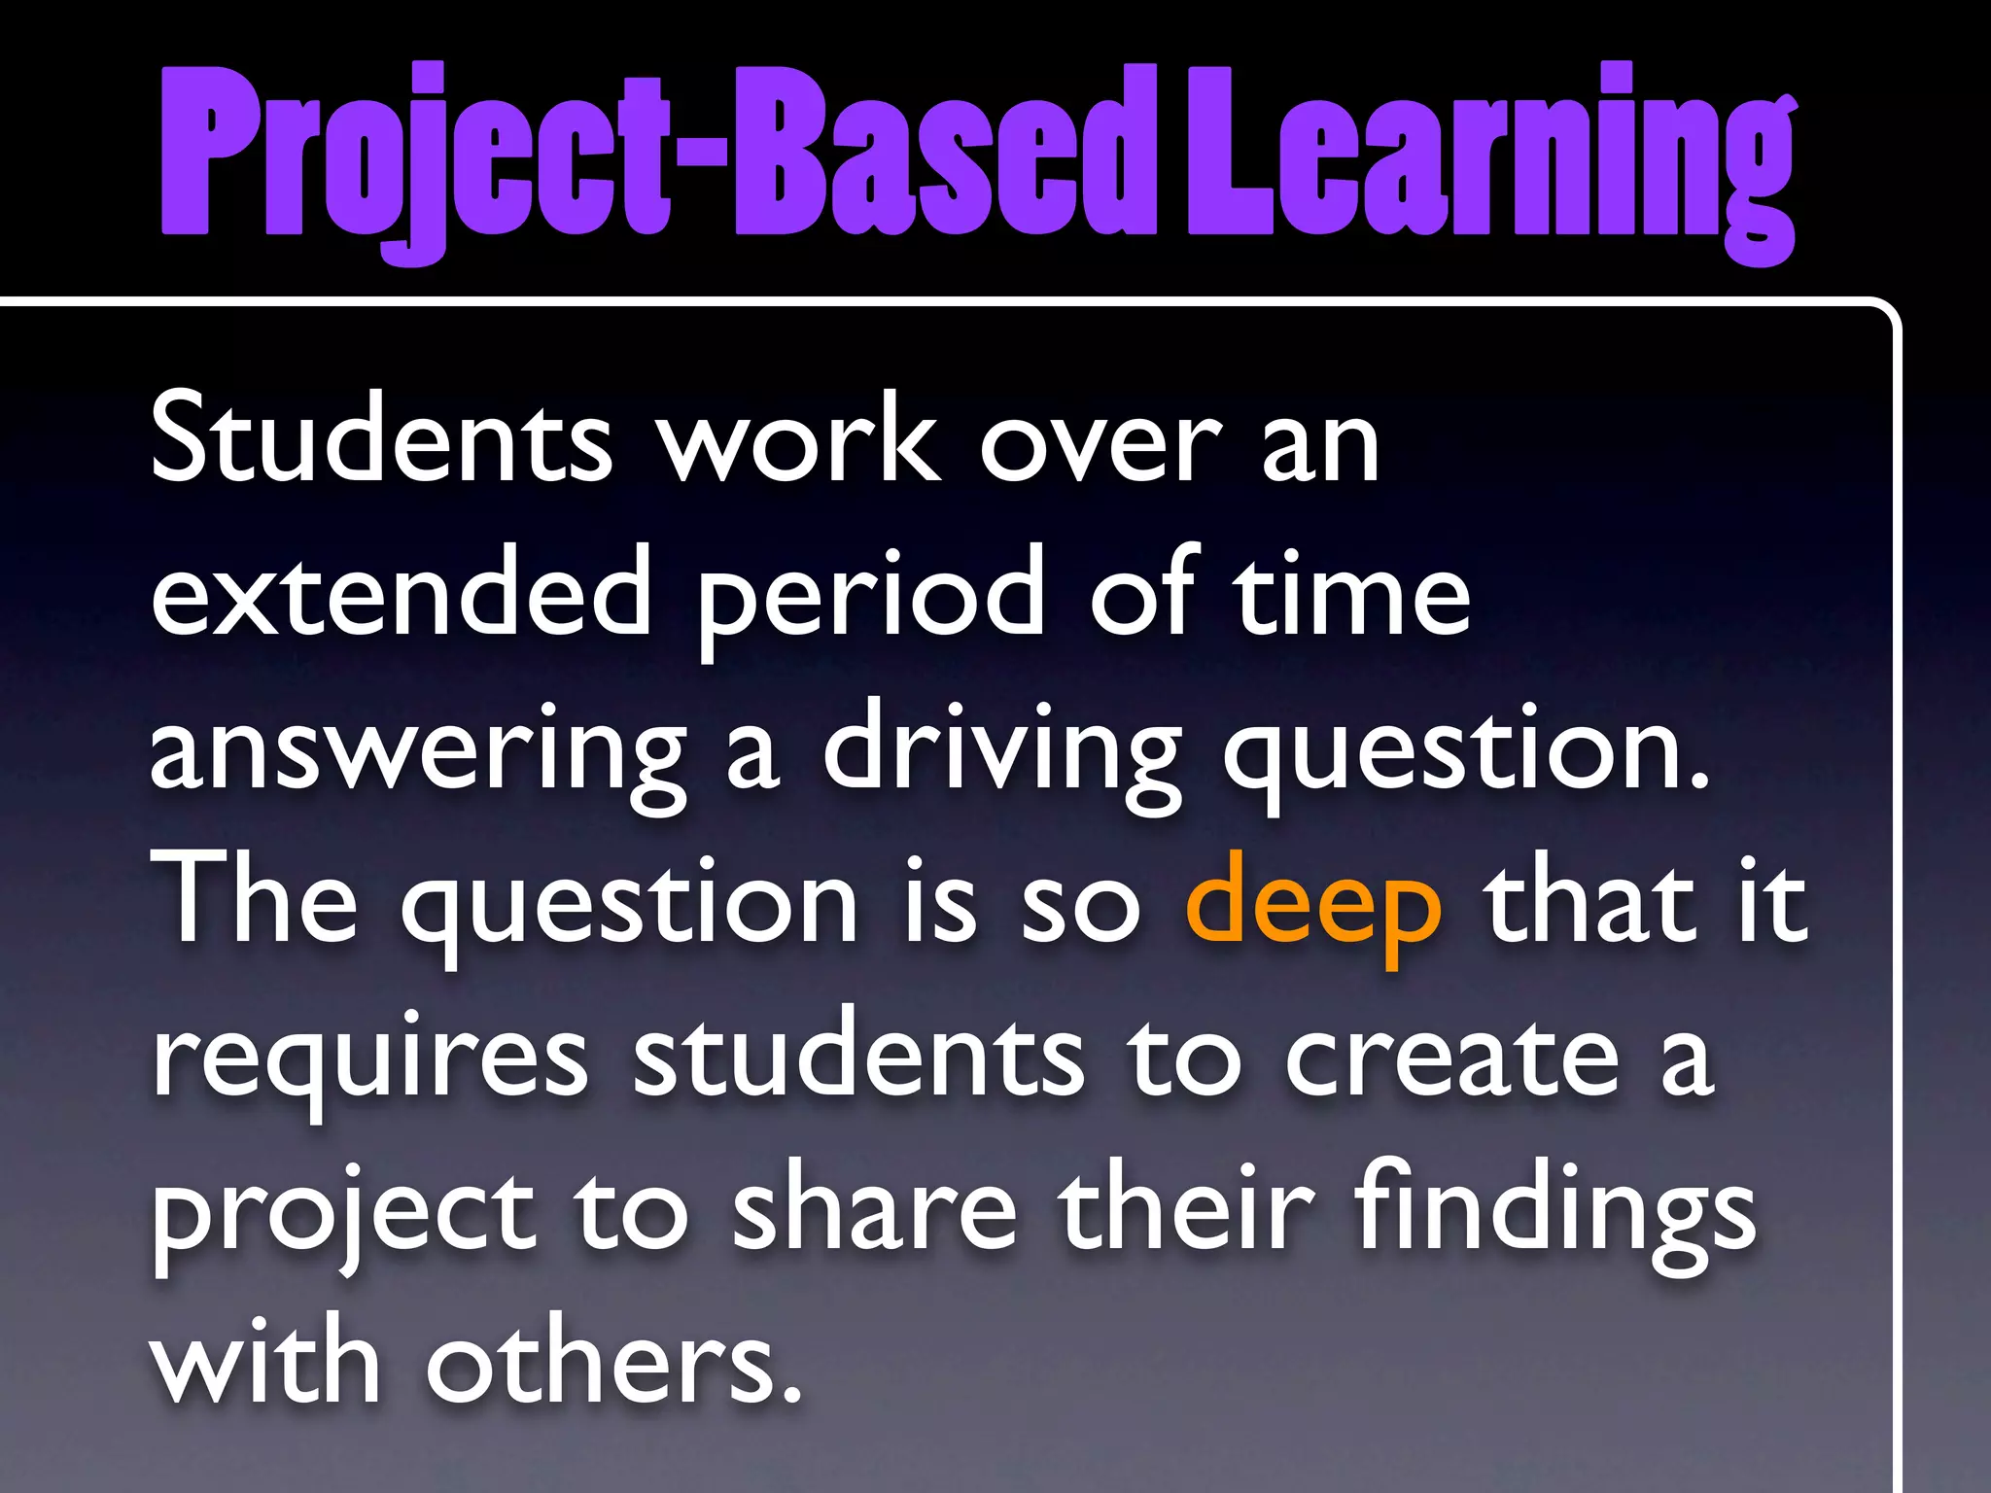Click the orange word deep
[x=1313, y=904]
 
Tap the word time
[x=1351, y=593]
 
